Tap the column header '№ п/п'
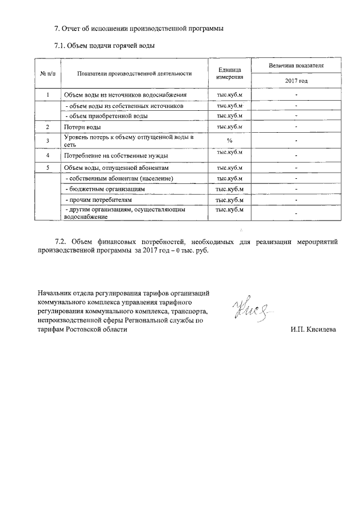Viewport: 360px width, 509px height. click(48, 73)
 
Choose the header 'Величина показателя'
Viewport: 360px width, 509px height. click(296, 66)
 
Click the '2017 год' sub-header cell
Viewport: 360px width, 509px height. click(296, 81)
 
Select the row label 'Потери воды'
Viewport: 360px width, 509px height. click(83, 127)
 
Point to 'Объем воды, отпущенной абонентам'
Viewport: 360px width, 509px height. click(116, 168)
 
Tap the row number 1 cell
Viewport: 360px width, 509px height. click(48, 94)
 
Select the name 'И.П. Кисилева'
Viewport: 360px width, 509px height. click(313, 330)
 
